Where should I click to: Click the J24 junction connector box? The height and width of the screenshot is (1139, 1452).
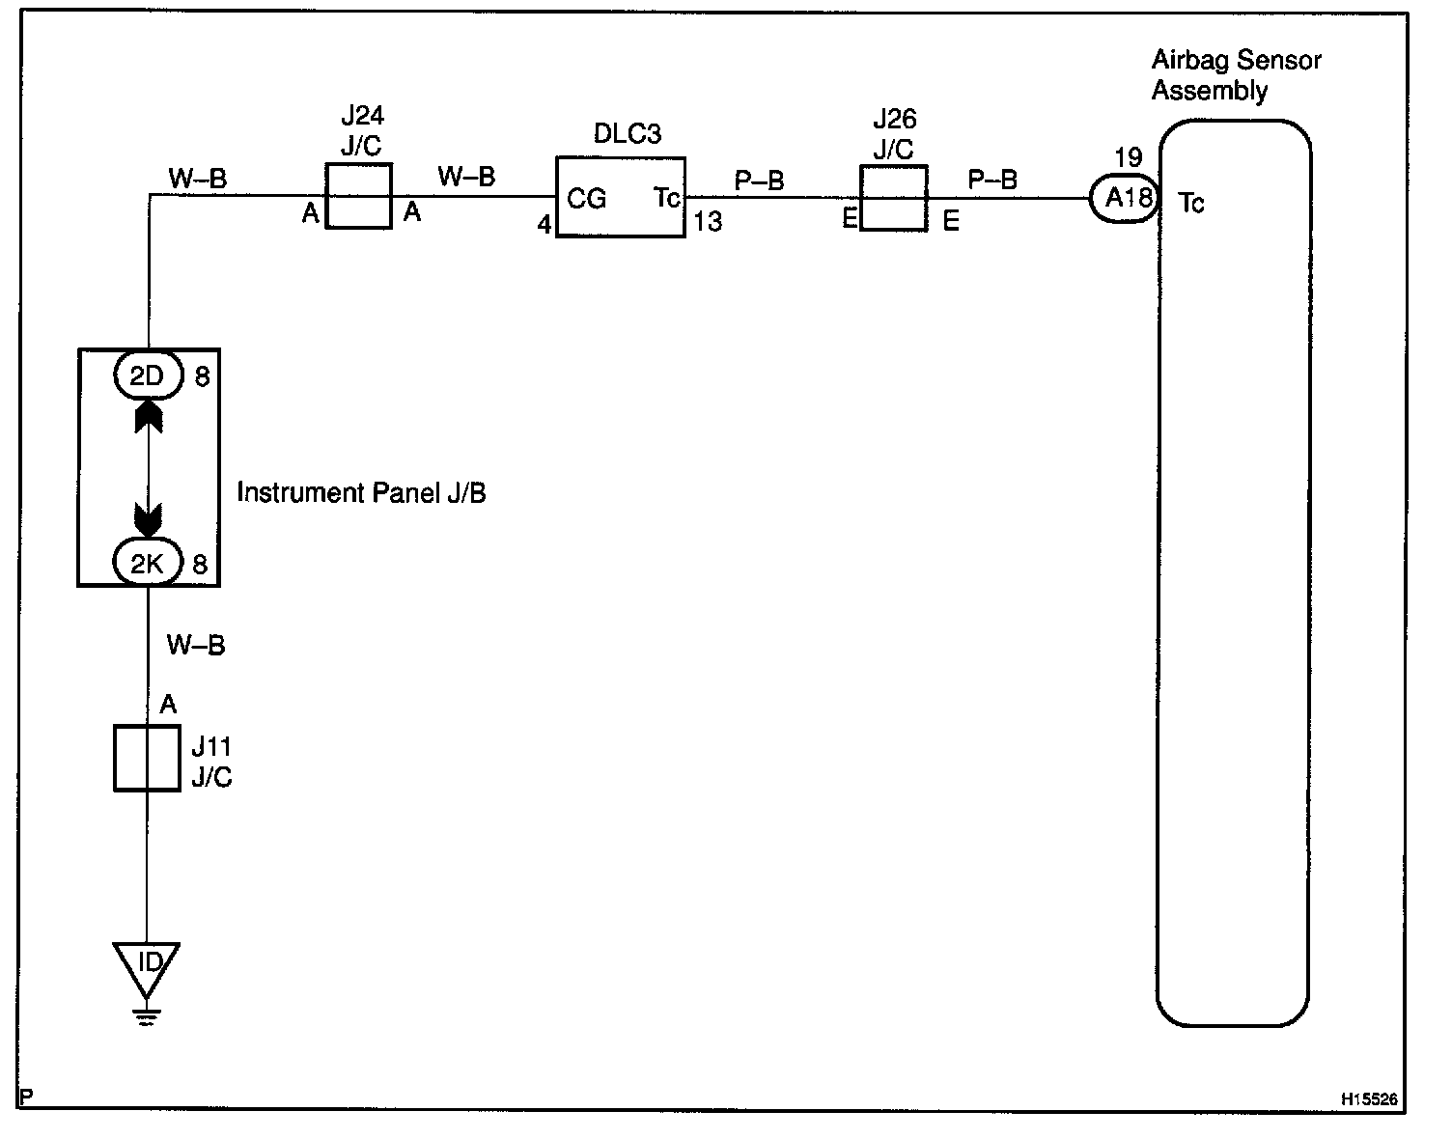[359, 196]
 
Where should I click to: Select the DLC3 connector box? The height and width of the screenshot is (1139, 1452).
[621, 197]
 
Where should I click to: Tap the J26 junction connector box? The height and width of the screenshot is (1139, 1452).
[893, 198]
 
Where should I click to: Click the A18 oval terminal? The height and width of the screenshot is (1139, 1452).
[1126, 199]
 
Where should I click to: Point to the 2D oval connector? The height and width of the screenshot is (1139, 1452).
[148, 375]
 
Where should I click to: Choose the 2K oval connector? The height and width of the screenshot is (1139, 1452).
[148, 564]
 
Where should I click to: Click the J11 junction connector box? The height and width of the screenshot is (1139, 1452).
[147, 759]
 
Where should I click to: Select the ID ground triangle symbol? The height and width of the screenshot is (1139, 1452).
[147, 966]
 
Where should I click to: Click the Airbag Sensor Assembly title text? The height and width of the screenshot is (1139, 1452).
[1236, 75]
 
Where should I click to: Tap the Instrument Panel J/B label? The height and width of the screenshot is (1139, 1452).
[361, 493]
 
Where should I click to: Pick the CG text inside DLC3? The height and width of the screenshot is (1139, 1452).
[586, 199]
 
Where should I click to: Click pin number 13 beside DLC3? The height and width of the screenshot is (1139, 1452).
[708, 222]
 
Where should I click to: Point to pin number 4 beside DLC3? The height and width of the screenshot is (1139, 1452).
[544, 225]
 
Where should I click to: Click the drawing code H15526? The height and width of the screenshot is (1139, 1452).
[1368, 1099]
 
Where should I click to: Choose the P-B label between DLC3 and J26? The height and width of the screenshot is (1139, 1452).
[760, 181]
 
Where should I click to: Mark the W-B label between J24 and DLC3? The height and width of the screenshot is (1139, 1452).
[466, 177]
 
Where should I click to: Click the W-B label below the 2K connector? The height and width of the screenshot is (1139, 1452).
[196, 645]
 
